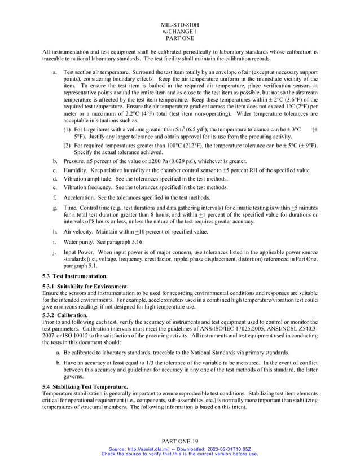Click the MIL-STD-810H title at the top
click(180, 25)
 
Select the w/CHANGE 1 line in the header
click(180, 32)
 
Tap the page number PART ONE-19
click(180, 441)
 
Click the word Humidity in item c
click(75, 170)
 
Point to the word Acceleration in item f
click(80, 197)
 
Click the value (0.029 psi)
click(177, 161)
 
